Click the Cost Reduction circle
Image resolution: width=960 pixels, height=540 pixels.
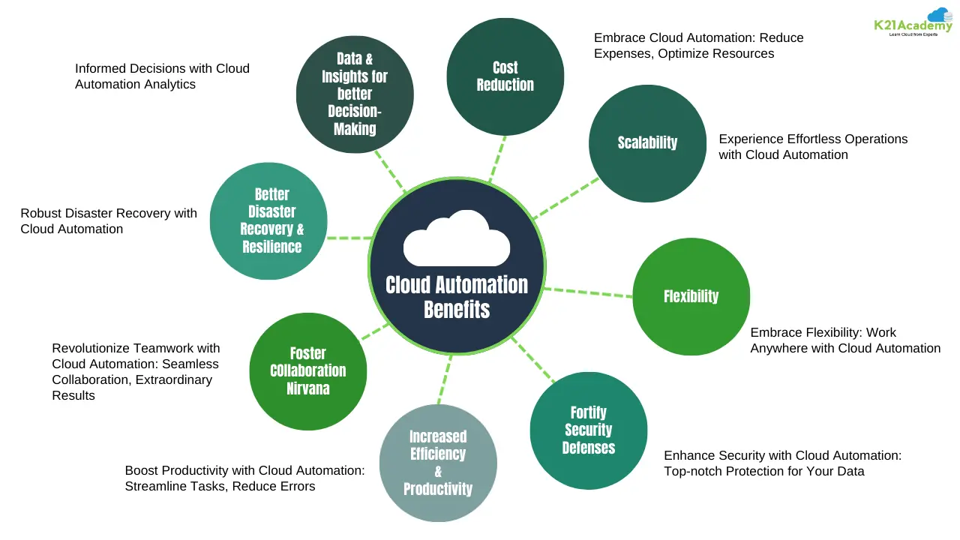[505, 76]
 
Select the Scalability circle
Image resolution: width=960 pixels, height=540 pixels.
[647, 142]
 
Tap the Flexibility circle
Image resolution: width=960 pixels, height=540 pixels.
[691, 296]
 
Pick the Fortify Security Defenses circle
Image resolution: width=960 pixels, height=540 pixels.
[588, 430]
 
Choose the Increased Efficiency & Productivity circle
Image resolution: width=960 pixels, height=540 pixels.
[438, 463]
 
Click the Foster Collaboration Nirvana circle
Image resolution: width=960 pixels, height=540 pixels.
[307, 371]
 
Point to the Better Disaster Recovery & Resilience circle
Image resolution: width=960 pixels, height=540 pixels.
[268, 220]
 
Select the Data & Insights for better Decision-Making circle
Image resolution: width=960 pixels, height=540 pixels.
[355, 94]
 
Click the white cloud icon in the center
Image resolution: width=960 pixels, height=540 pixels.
[457, 238]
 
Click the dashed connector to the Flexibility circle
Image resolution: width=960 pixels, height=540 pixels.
[588, 292]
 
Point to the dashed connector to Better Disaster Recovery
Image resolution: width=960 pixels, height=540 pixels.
[349, 238]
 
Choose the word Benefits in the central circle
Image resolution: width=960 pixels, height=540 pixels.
[457, 309]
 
